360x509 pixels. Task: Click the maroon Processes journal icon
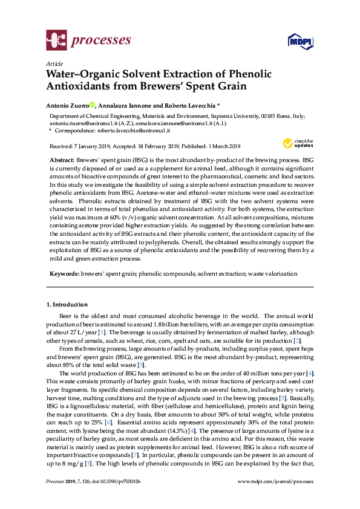[56, 41]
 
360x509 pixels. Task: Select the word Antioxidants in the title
[82, 86]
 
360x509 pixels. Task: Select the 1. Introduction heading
[67, 304]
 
